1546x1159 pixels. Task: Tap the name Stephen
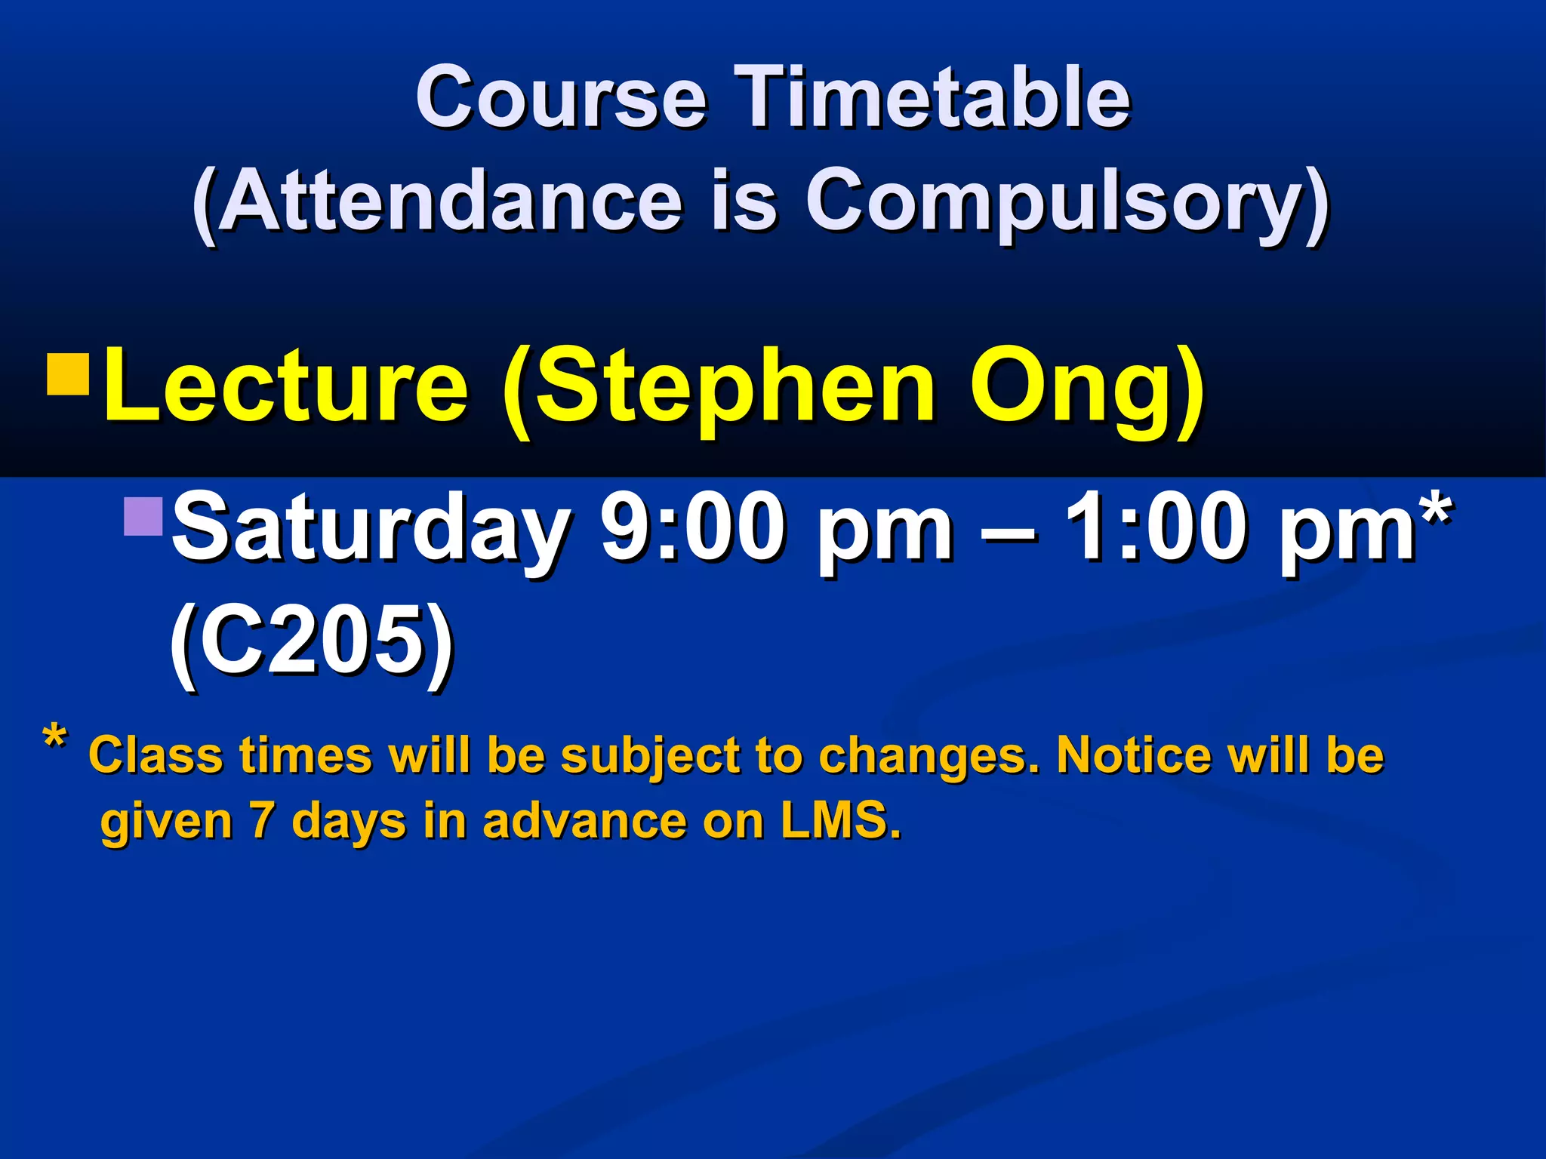736,386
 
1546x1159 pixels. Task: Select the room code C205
312,641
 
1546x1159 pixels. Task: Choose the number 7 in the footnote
261,820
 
